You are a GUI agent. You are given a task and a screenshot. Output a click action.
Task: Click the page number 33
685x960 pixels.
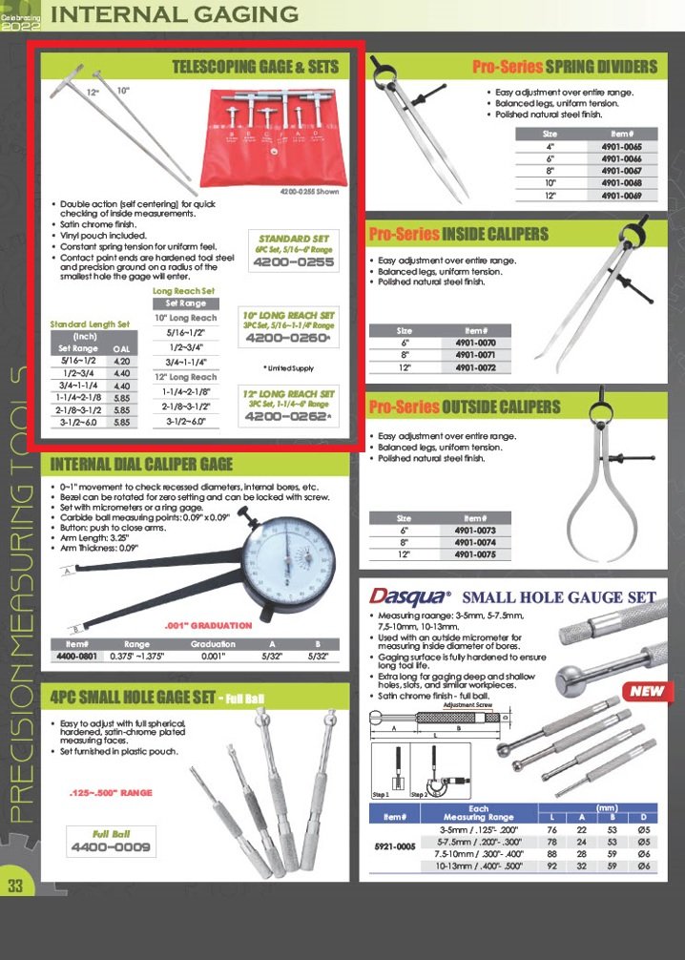coord(15,885)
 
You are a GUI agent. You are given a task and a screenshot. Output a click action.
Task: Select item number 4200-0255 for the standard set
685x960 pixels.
coord(296,262)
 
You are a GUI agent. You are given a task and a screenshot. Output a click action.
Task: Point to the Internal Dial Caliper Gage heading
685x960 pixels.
coord(141,465)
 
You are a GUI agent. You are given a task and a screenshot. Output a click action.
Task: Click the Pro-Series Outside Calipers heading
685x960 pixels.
coord(465,407)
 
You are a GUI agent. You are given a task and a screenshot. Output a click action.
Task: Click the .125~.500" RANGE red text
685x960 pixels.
coord(111,793)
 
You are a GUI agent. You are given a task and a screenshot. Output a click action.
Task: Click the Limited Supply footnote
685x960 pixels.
coord(290,366)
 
